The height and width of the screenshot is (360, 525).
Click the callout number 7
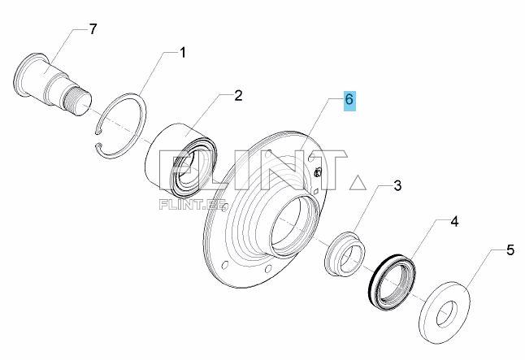click(93, 29)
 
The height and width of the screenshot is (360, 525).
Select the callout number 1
click(183, 53)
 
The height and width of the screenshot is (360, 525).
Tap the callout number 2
click(238, 96)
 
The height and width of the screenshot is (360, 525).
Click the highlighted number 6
click(349, 100)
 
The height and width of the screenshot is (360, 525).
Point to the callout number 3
click(397, 185)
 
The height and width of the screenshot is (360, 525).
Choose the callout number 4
click(454, 221)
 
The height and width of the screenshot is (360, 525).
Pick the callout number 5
click(510, 249)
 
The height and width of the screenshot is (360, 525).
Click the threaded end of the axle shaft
click(78, 100)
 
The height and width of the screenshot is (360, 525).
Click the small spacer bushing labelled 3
click(345, 254)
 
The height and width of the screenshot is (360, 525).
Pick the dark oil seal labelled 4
click(391, 280)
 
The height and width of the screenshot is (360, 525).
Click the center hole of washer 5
click(447, 314)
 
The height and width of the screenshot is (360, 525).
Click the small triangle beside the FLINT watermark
click(358, 183)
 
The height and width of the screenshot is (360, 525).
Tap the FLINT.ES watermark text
click(193, 205)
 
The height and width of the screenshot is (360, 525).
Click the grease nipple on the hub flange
click(318, 172)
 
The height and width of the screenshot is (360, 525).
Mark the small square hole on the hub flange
click(315, 192)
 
